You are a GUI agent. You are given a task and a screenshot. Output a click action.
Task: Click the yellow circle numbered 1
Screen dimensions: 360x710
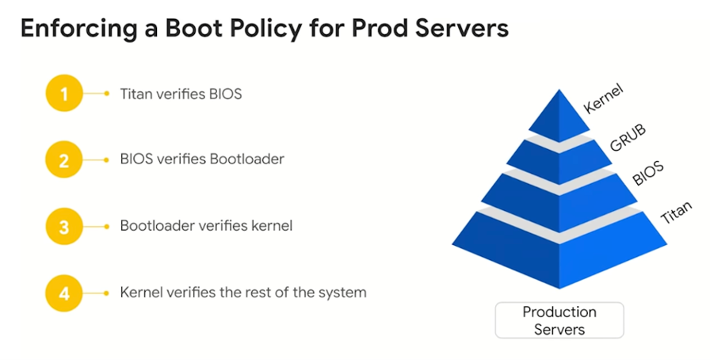click(65, 94)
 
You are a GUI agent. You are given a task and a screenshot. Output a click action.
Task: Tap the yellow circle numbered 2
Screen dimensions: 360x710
click(65, 159)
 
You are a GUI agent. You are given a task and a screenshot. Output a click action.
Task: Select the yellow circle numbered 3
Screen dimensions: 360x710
click(65, 226)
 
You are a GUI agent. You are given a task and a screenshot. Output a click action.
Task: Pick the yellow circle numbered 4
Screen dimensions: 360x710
click(65, 293)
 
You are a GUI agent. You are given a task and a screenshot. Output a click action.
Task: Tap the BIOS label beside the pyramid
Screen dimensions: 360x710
click(648, 172)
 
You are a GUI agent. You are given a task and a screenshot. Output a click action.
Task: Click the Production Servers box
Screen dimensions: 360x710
click(559, 320)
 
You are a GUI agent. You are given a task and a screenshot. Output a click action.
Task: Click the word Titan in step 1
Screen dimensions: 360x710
click(136, 94)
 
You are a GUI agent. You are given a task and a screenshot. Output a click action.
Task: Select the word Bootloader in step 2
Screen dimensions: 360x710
click(246, 159)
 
